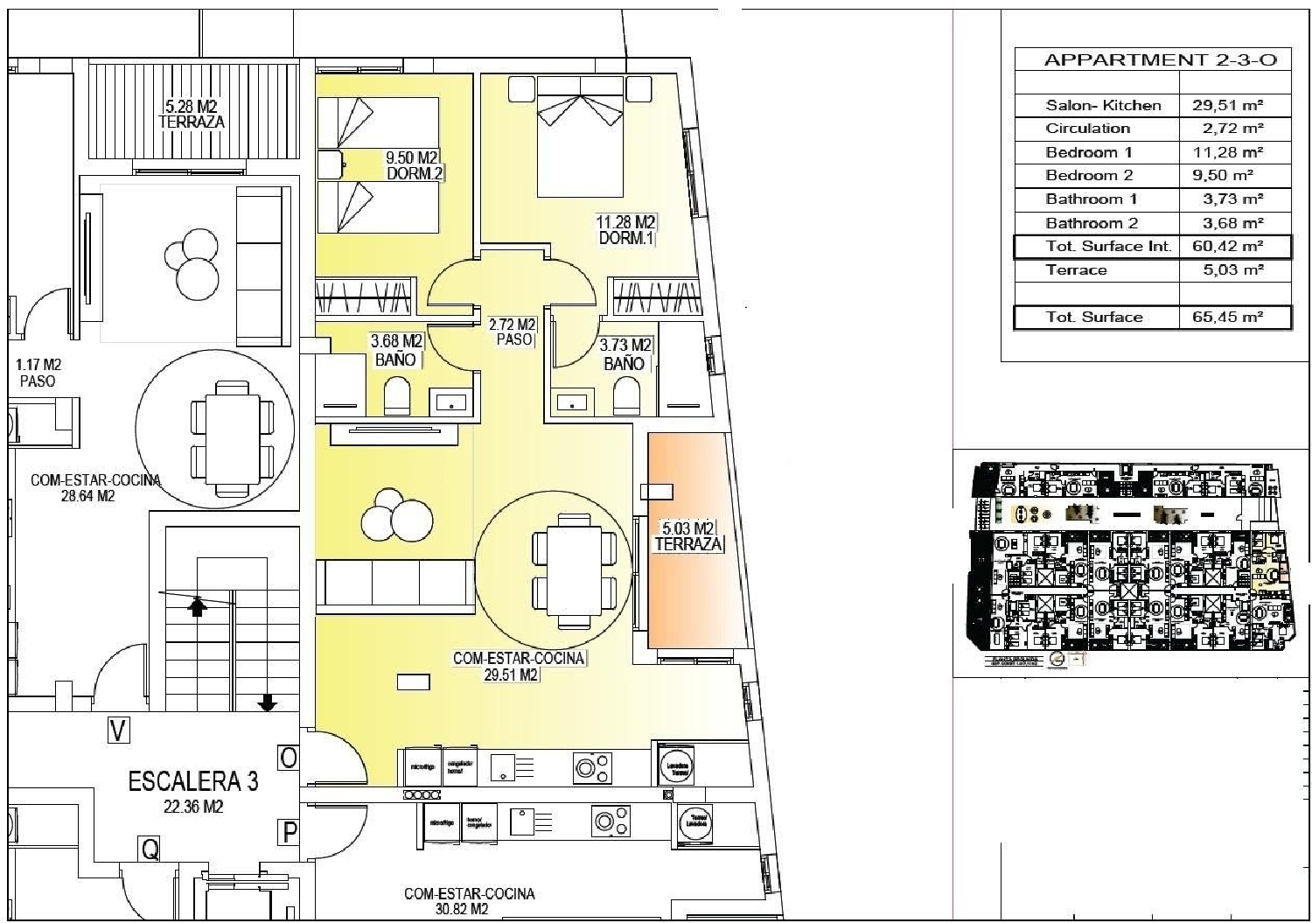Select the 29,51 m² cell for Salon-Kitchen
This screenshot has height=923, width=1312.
(1226, 105)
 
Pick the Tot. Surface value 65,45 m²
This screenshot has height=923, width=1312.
(1226, 317)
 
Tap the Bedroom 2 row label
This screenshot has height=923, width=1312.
(1089, 175)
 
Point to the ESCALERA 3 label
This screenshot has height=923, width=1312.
(193, 780)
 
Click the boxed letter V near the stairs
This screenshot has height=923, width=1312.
(117, 730)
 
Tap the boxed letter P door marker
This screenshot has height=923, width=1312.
(289, 832)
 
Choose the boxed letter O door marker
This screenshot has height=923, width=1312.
(288, 756)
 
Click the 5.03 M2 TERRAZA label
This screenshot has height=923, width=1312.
(688, 536)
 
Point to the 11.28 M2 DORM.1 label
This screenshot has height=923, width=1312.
(626, 230)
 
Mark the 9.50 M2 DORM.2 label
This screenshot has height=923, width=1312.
(413, 166)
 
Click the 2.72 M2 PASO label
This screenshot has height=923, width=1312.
(513, 332)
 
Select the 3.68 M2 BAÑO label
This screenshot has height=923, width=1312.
(397, 349)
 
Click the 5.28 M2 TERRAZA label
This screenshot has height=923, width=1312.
(192, 115)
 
